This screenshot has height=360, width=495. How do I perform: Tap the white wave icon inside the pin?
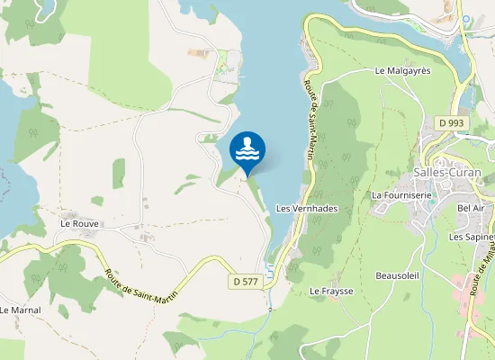click(247, 149)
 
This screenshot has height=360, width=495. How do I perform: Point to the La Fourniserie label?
click(400, 194)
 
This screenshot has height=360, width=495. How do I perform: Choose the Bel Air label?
click(471, 208)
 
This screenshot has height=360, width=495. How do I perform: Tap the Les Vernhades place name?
click(306, 208)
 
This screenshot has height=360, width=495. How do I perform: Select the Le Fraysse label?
click(331, 292)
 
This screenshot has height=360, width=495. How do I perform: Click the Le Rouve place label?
click(79, 223)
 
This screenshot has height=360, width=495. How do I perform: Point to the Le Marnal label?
click(20, 310)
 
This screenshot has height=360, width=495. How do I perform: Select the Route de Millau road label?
click(484, 270)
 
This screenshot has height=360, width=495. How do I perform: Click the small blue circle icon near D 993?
click(466, 19)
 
